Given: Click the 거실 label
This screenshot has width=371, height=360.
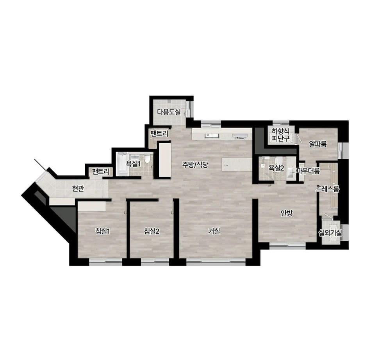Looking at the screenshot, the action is [x=214, y=231].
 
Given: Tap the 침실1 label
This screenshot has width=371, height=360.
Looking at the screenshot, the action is [x=102, y=231].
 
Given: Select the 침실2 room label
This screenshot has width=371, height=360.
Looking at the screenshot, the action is [x=152, y=231].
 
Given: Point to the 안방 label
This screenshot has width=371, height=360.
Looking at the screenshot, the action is [x=287, y=213].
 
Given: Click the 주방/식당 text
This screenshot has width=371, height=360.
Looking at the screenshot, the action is [x=195, y=165].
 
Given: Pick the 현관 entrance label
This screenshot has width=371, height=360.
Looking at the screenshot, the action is [x=78, y=188].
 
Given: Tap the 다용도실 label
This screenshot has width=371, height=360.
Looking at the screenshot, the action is [x=169, y=112].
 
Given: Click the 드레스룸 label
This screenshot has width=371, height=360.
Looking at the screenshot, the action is [x=328, y=189].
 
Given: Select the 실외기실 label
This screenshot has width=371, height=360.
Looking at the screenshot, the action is [x=330, y=233].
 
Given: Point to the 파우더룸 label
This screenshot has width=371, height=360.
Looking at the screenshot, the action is [x=308, y=171].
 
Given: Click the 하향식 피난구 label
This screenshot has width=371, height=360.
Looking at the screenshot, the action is [x=281, y=135].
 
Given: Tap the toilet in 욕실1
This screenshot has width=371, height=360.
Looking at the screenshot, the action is [x=147, y=159].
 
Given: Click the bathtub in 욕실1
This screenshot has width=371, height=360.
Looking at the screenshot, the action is [x=122, y=164].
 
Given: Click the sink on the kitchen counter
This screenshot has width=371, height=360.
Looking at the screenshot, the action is [x=212, y=135].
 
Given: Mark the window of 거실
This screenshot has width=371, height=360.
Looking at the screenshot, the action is [x=216, y=261].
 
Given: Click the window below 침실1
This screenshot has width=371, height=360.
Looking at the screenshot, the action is [x=105, y=261].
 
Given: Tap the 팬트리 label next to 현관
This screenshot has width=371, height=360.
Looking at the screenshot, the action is [x=101, y=171].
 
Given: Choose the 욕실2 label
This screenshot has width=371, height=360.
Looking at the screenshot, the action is [x=276, y=168].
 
